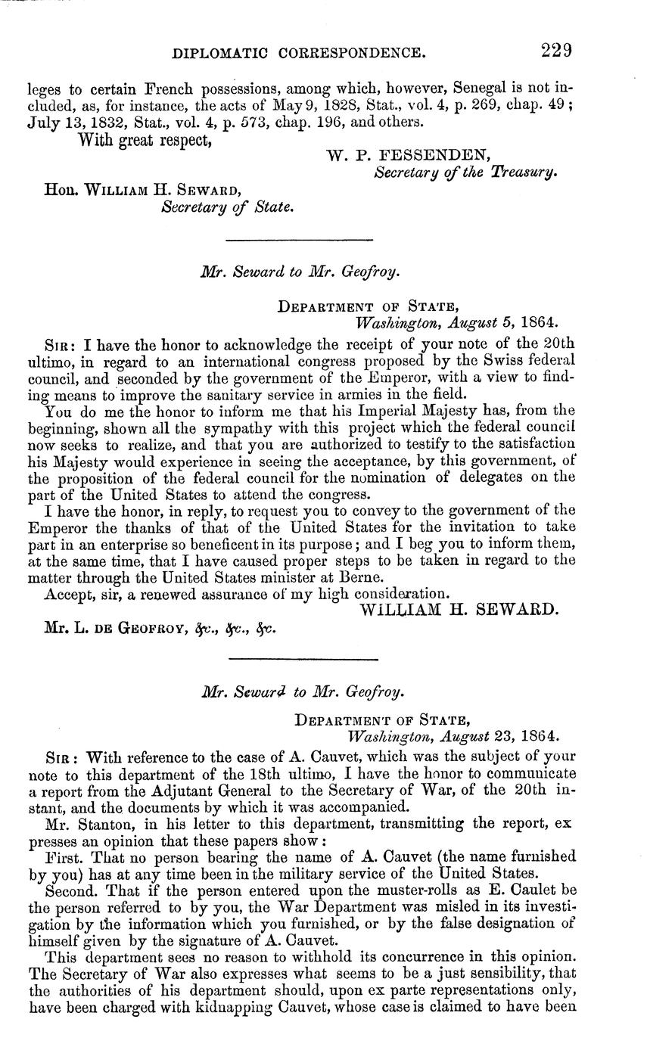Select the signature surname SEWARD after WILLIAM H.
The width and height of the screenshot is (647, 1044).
[x=519, y=610]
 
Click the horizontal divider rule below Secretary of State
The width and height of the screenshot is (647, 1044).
[x=300, y=241]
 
